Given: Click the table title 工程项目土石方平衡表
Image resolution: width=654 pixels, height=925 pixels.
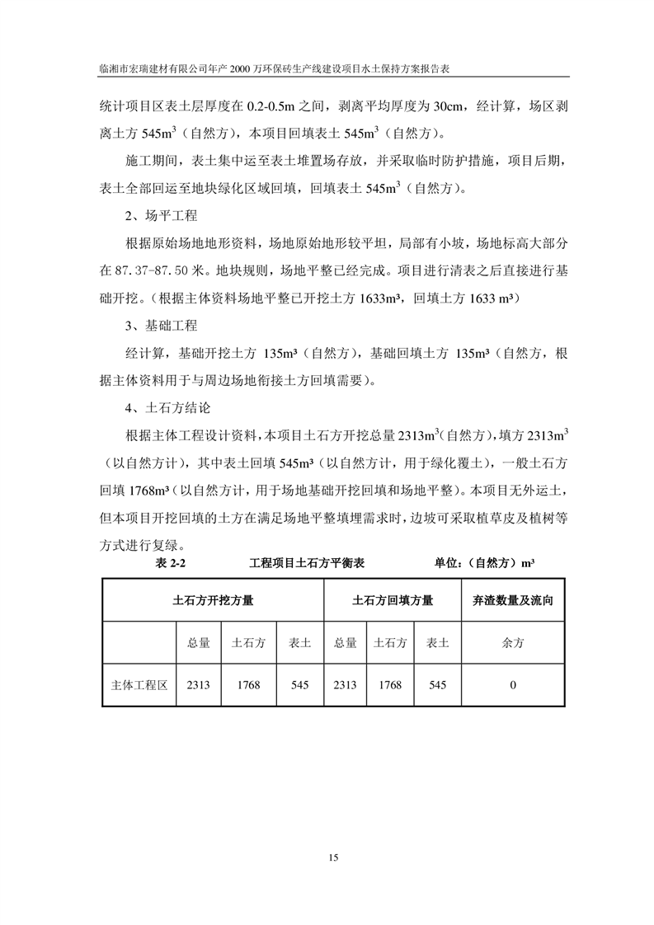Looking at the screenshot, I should pos(307,564).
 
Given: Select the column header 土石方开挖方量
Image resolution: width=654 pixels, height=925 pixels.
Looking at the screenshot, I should pos(213,601).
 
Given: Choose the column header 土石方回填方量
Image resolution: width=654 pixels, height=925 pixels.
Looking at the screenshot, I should pos(393,601).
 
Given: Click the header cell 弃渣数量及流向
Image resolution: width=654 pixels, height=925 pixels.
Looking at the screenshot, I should pos(513,601).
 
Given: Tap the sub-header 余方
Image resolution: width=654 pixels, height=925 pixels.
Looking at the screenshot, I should pos(513,643).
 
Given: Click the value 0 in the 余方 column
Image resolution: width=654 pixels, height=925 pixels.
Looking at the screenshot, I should pos(513,684).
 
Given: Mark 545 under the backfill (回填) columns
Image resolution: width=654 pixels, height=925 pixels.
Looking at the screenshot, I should pos(437,684).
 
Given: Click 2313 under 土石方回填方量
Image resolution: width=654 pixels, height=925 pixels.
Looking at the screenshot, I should pos(345,684).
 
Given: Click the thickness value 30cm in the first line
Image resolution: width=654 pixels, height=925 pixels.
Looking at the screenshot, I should pos(455,105).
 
